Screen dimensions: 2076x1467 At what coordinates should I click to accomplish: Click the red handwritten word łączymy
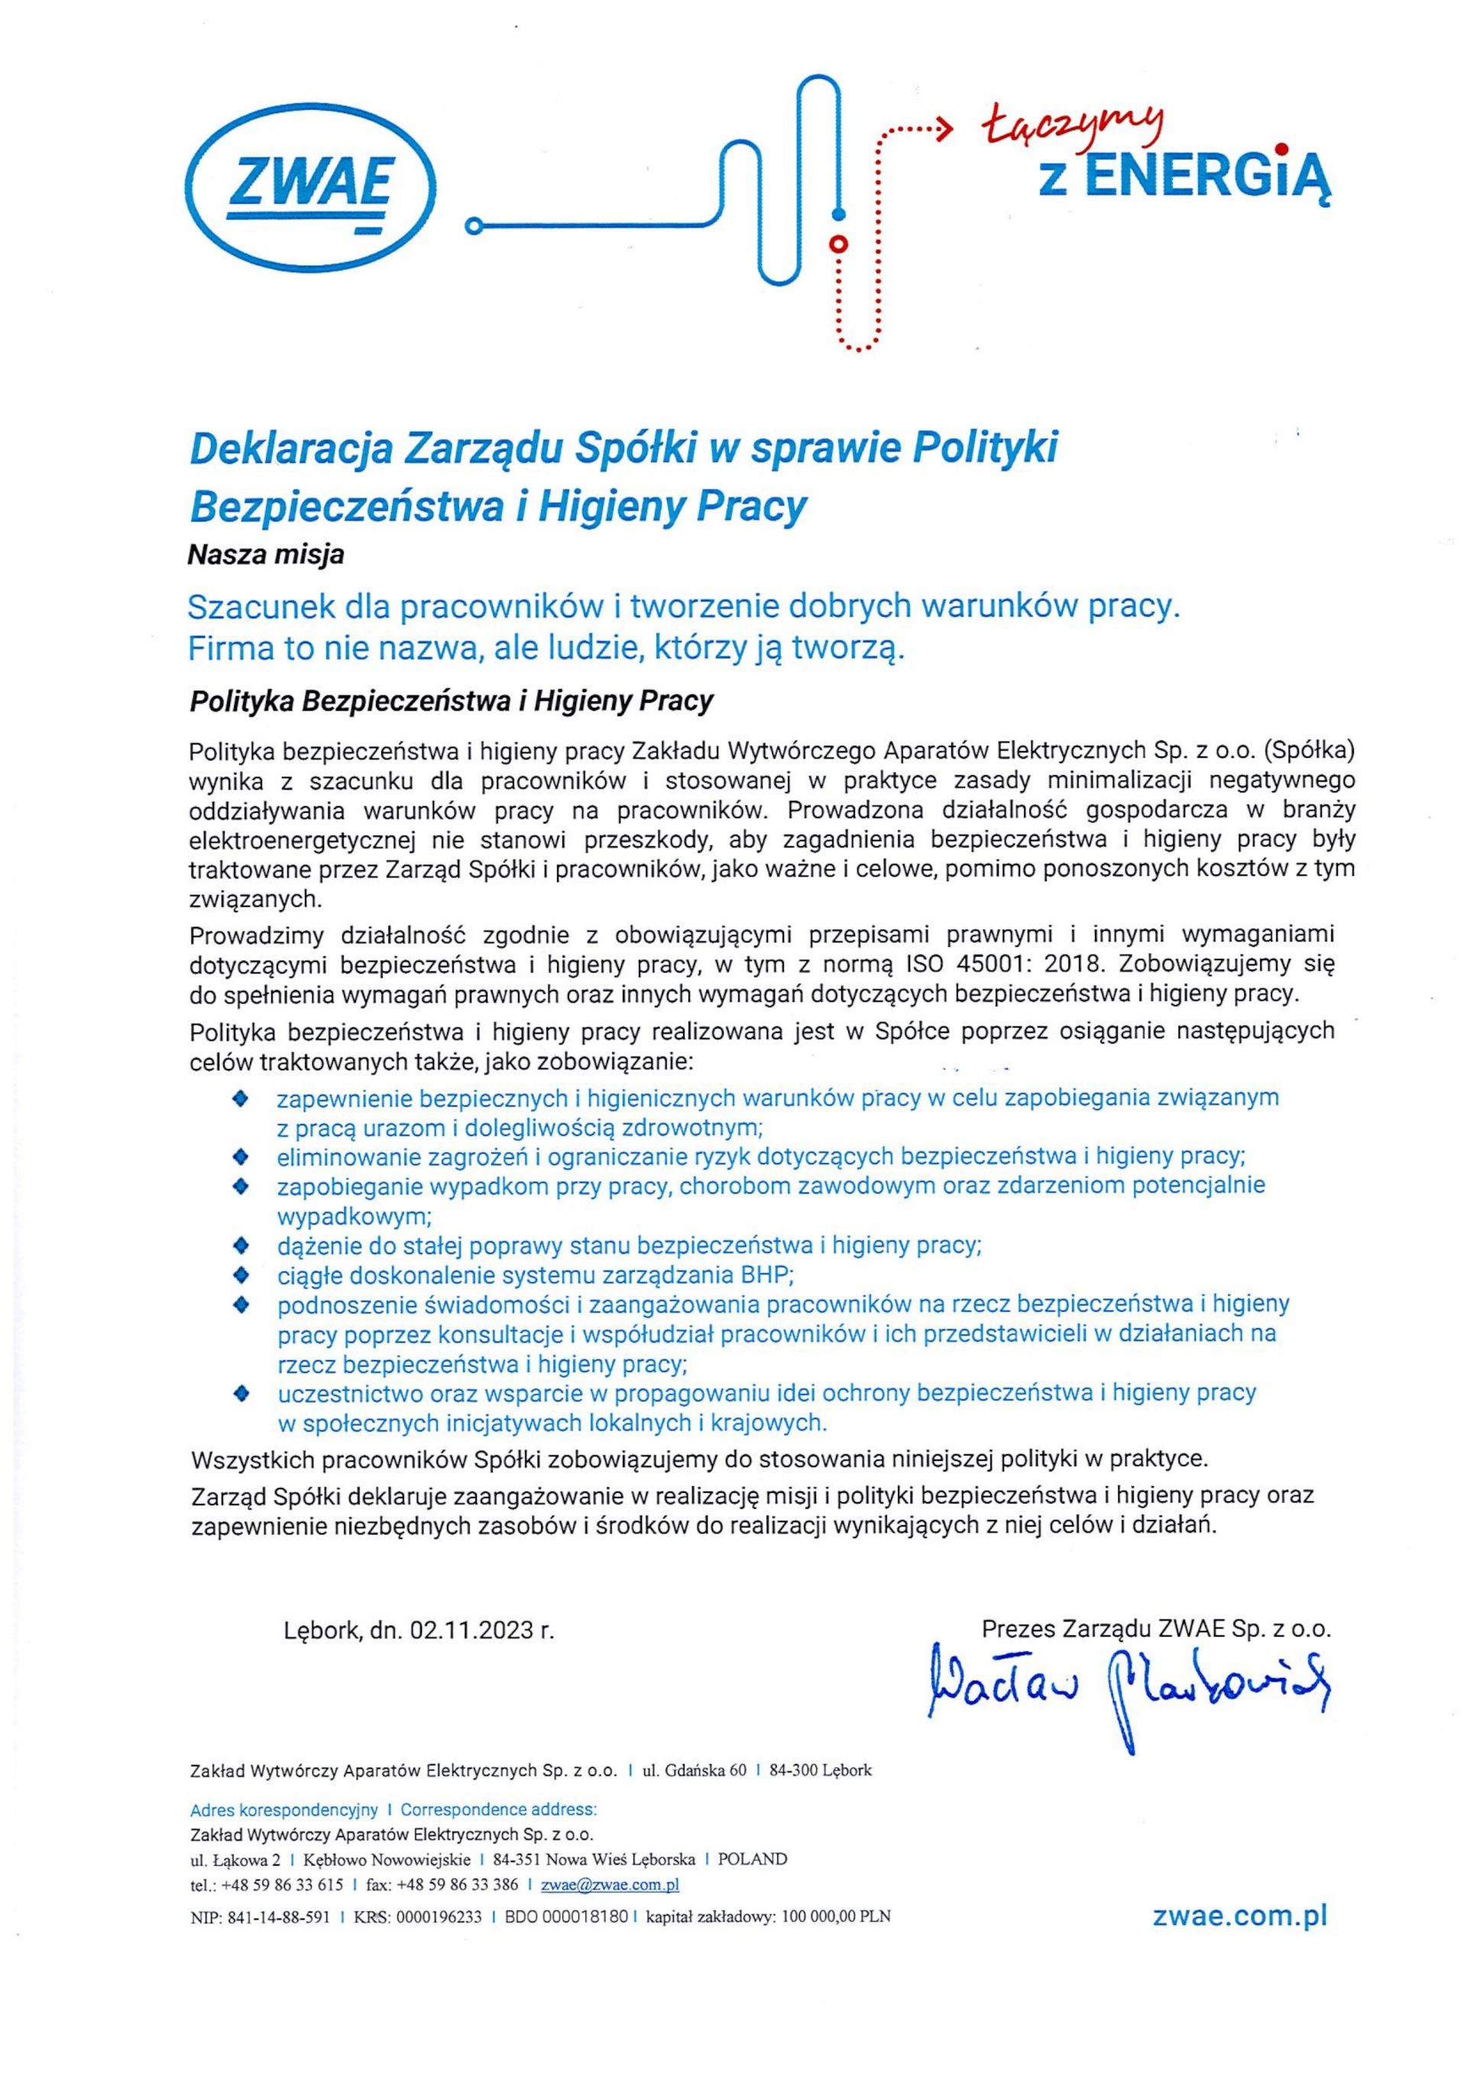point(1074,128)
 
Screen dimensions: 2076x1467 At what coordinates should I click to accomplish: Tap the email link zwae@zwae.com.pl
point(609,1885)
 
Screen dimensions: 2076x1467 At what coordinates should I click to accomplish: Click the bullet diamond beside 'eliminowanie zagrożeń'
point(241,1157)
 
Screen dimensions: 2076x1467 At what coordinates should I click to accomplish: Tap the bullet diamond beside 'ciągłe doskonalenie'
point(241,1276)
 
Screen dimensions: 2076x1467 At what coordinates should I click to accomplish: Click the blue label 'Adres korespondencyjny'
point(283,1809)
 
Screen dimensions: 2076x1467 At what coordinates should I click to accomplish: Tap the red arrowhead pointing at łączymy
point(945,128)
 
